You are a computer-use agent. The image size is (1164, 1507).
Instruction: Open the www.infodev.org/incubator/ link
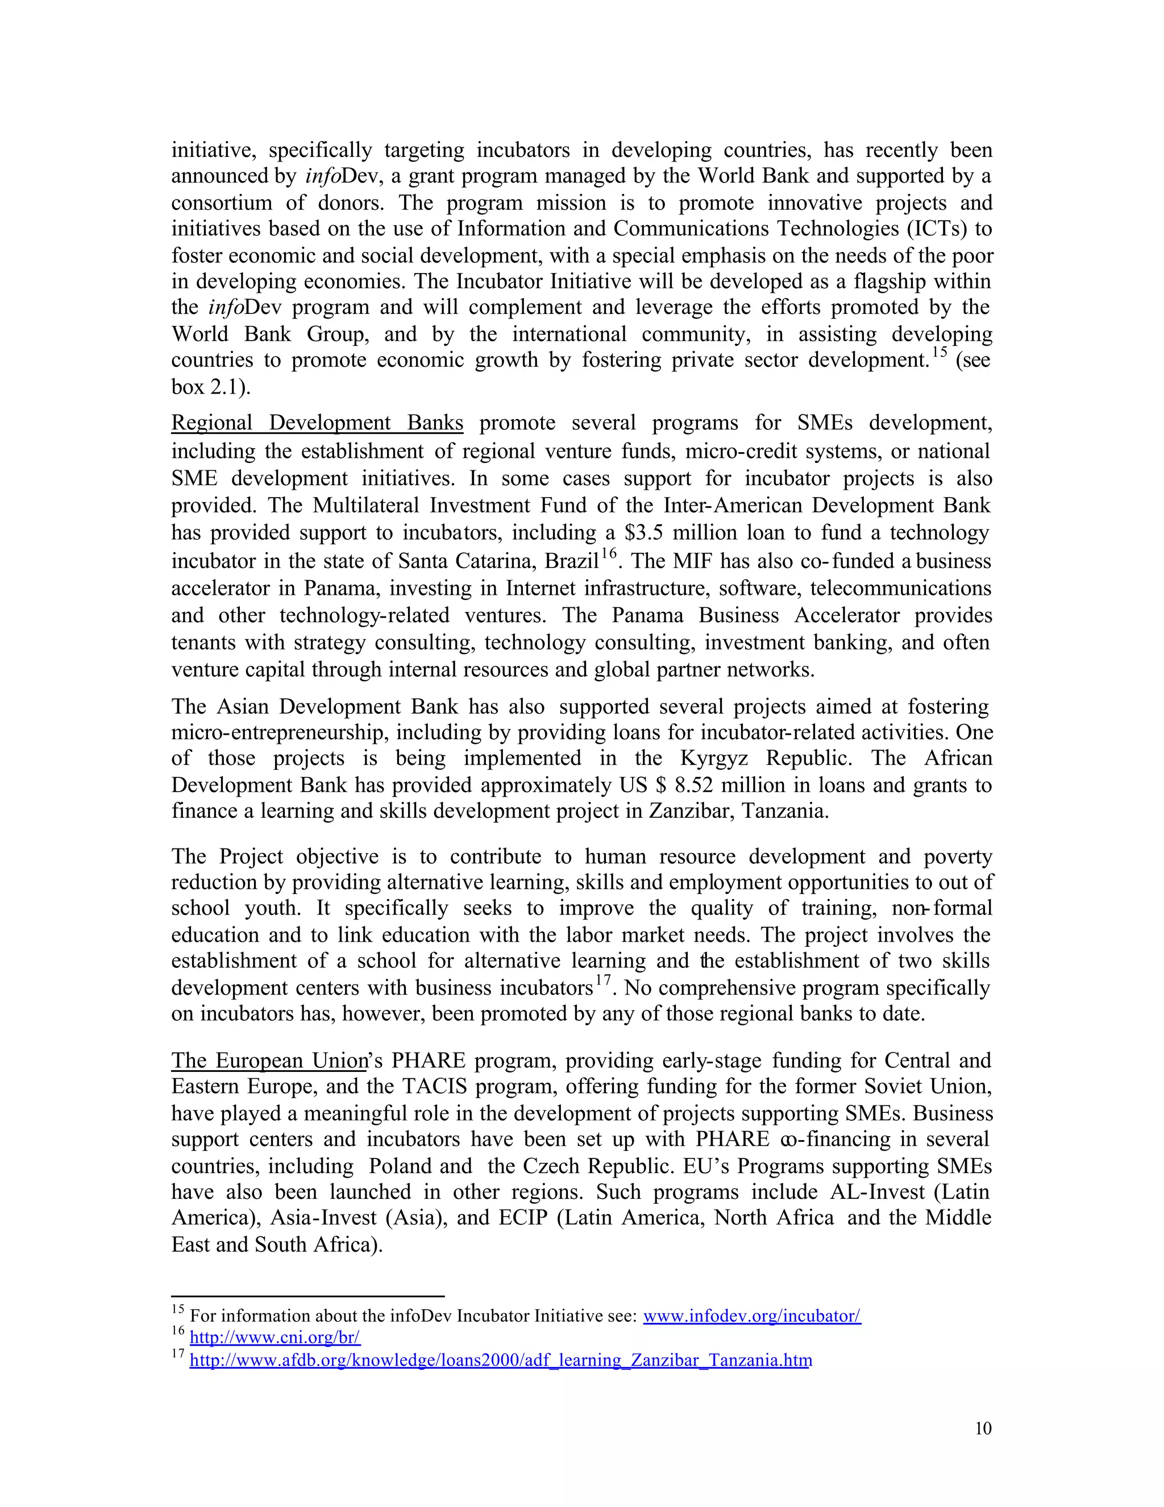751,1316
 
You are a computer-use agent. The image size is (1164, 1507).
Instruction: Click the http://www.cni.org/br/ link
275,1338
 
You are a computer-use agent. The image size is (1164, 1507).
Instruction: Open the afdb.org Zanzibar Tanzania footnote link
500,1360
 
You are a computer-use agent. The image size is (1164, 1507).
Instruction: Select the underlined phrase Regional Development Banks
317,423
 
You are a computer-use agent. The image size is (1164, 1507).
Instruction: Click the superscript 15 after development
939,353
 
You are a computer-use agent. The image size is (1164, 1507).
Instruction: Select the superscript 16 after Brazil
608,553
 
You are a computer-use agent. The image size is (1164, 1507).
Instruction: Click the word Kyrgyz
714,758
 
